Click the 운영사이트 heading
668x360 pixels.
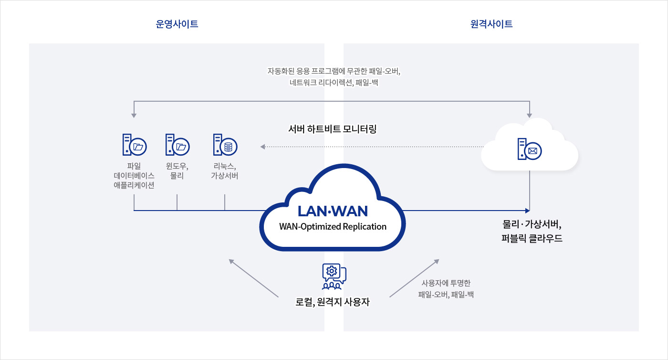pyautogui.click(x=177, y=24)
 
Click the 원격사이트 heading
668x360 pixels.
pyautogui.click(x=491, y=24)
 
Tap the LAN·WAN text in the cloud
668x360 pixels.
pyautogui.click(x=333, y=211)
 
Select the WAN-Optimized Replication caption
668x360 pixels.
pyautogui.click(x=333, y=226)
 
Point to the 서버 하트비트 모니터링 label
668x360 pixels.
pyautogui.click(x=333, y=129)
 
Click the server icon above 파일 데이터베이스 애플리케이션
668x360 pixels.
pyautogui.click(x=134, y=145)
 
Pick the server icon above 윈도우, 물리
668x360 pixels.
pyautogui.click(x=177, y=145)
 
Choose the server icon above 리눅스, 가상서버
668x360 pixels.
pyautogui.click(x=225, y=145)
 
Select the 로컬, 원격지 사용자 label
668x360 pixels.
pyautogui.click(x=333, y=302)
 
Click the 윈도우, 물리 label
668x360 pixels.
pyautogui.click(x=177, y=171)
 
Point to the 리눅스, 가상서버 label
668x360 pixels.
pyautogui.click(x=225, y=171)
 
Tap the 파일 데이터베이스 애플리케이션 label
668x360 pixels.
pyautogui.click(x=134, y=176)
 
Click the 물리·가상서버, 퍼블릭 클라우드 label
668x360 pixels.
pyautogui.click(x=532, y=231)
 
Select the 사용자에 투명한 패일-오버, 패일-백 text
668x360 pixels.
pyautogui.click(x=446, y=289)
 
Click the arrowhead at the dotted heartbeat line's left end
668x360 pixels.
pyautogui.click(x=262, y=147)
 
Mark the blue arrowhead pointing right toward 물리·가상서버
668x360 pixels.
pyautogui.click(x=527, y=210)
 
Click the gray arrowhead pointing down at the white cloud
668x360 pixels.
pyautogui.click(x=530, y=116)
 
